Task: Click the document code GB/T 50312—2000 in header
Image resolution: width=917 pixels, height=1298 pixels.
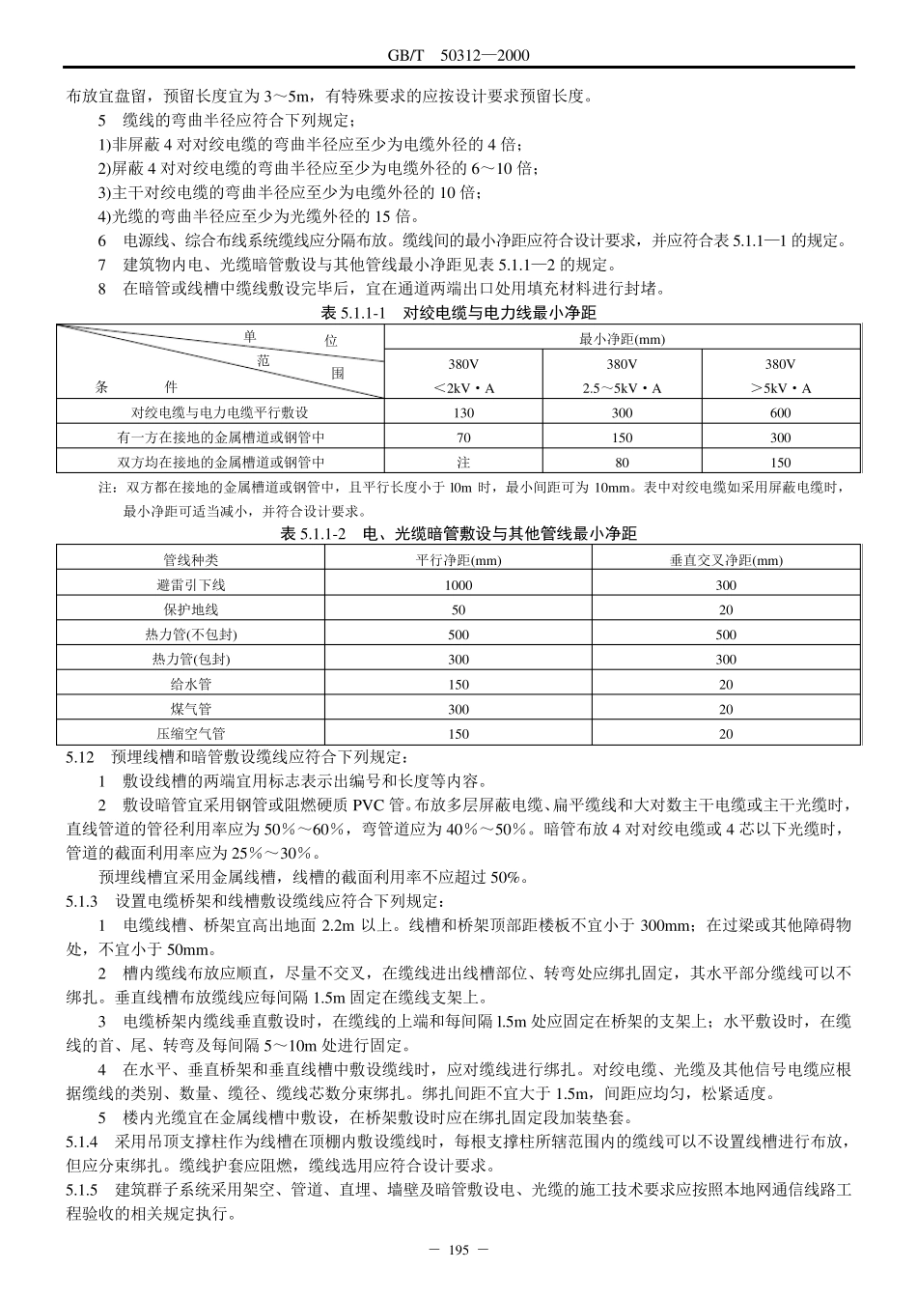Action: point(458,56)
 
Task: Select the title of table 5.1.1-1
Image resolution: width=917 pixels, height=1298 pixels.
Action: point(458,313)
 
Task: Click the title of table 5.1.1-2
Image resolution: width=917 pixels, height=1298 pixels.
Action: point(458,533)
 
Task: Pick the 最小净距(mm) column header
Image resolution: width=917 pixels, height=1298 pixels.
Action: point(622,339)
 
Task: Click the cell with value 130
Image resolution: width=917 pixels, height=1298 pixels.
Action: point(463,412)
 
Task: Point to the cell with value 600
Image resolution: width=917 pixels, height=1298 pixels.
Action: point(780,412)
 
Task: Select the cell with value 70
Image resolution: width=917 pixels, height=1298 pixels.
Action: point(463,437)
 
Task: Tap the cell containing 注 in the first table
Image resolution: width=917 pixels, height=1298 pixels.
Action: point(463,463)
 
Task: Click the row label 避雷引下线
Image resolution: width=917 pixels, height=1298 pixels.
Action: point(191,584)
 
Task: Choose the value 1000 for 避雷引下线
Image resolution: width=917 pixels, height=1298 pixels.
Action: point(458,584)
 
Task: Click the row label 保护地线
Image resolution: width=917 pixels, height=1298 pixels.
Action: point(191,609)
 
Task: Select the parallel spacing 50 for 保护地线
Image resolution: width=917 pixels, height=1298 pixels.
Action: point(458,609)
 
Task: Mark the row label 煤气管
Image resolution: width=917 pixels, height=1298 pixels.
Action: point(191,709)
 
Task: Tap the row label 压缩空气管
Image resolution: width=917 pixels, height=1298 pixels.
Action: point(191,734)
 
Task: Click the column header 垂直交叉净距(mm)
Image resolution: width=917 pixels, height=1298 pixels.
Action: point(726,559)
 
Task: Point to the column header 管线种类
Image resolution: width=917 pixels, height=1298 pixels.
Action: point(191,559)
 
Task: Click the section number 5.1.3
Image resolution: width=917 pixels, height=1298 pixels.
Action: point(82,901)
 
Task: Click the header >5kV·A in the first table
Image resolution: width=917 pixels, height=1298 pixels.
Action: point(780,388)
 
